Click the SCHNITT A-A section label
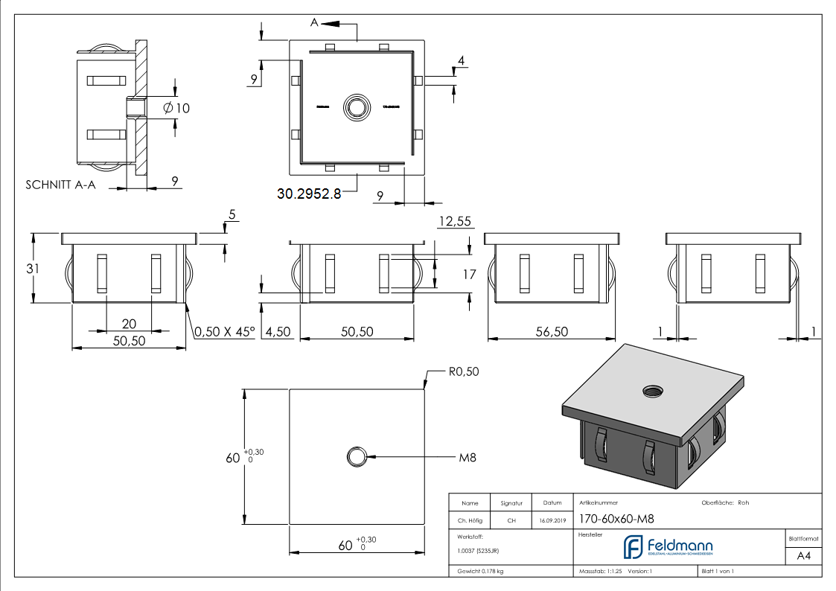(60, 185)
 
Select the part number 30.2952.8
(309, 194)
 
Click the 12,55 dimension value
(456, 221)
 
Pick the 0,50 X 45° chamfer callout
(223, 332)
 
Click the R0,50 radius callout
(463, 371)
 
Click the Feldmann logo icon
(634, 547)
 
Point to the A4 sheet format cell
(803, 555)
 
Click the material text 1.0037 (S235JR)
(478, 551)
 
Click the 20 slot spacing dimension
(129, 323)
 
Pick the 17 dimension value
(469, 274)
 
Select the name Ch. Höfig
(470, 521)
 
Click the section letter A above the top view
(314, 23)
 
